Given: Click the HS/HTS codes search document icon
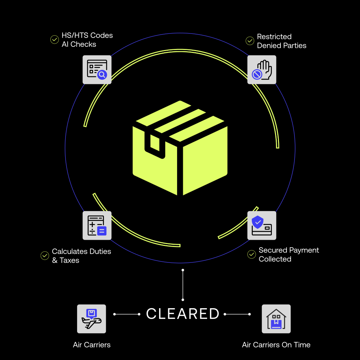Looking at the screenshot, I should tap(97, 69).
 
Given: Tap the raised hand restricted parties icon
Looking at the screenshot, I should tap(262, 69).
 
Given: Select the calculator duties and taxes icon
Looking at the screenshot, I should tap(97, 225).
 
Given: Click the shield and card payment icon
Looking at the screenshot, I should tap(262, 225).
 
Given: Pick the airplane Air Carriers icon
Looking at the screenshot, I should tap(91, 319).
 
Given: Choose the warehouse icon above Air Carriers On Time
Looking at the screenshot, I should tap(276, 319).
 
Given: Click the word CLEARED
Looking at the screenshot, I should tap(183, 314).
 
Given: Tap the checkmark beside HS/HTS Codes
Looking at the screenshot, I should tap(54, 40).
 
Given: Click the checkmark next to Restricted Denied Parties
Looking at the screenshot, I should tap(250, 41).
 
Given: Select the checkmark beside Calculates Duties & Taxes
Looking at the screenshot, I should tap(45, 256).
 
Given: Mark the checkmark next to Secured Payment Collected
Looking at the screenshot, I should tap(252, 255).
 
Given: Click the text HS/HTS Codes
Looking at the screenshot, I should tap(87, 35).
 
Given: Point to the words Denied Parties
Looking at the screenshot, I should tap(282, 46).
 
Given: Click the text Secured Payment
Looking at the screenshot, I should tap(289, 250).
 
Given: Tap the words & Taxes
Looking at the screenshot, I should tap(66, 260).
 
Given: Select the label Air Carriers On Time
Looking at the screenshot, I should tap(276, 345).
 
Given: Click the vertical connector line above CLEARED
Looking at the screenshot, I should tap(183, 284).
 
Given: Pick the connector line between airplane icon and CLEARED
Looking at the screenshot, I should tap(127, 314).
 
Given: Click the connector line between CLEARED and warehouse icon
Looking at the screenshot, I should tap(237, 314).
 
